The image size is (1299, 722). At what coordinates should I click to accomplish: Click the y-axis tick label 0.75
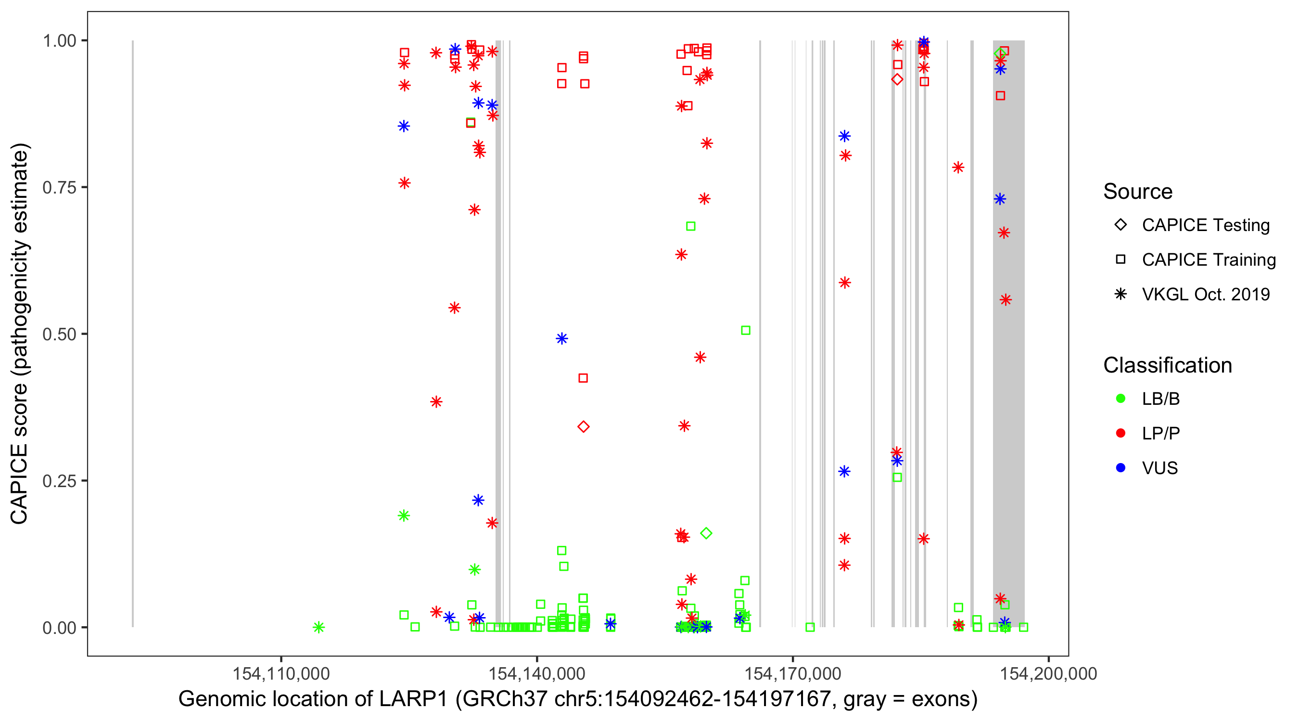pos(59,187)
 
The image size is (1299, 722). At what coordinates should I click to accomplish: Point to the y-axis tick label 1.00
pos(59,40)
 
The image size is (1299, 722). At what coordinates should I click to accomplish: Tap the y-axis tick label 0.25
pos(59,480)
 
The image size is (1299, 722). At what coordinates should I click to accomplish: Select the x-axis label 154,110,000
pos(281,673)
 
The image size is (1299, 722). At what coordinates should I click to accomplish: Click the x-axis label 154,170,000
pos(793,673)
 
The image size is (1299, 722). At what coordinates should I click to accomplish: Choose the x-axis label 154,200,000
pos(1048,673)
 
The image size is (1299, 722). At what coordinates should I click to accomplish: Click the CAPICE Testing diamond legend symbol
pos(1121,224)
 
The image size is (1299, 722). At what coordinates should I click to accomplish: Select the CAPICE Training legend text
pos(1209,259)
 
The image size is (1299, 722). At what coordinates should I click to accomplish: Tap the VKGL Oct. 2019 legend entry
pos(1206,294)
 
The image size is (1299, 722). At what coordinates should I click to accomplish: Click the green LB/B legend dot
pos(1121,399)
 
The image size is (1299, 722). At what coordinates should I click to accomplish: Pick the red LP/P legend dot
pos(1121,433)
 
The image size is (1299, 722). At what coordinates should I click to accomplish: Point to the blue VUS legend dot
pos(1121,468)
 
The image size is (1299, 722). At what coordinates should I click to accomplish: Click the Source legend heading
pos(1138,191)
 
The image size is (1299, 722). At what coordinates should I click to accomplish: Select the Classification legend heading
pos(1167,365)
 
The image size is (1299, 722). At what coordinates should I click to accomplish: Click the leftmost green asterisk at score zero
pos(318,627)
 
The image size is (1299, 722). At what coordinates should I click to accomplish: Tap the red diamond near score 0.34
pos(584,427)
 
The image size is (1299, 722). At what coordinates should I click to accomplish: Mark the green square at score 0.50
pos(745,331)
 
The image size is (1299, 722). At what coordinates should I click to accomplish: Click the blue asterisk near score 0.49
pos(562,338)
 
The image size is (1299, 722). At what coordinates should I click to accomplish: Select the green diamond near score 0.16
pos(706,533)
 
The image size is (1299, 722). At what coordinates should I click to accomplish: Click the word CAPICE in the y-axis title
pos(19,484)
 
